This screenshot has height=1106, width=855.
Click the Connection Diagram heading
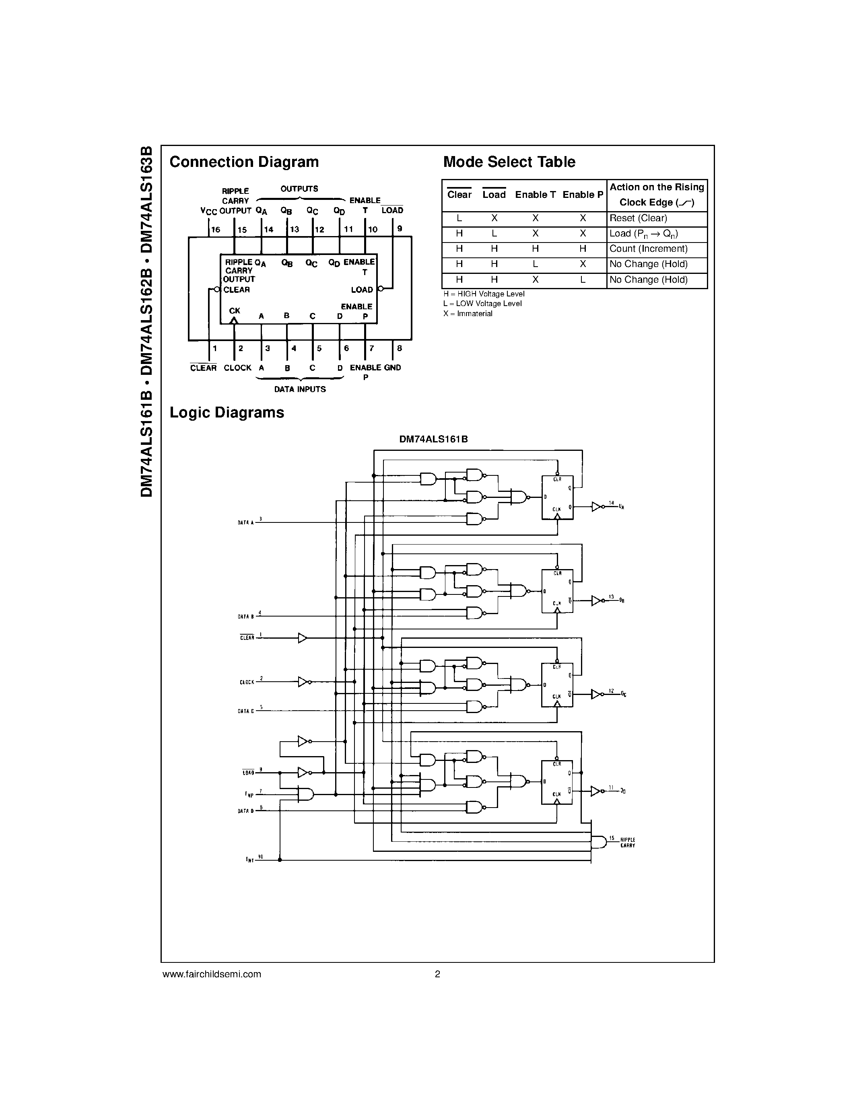[x=244, y=162]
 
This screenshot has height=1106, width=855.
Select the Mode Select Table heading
[x=509, y=162]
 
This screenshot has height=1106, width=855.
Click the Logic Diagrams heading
[x=227, y=413]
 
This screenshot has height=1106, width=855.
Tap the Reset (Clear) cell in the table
[x=638, y=218]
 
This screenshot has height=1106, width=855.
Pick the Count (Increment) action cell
[x=648, y=249]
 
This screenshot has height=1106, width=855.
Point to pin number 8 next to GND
[x=400, y=348]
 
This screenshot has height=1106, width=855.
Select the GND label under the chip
[x=393, y=368]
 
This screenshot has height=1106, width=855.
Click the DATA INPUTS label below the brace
[x=300, y=389]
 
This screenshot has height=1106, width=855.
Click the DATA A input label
[x=246, y=522]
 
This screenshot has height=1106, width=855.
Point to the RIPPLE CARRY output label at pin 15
[x=628, y=843]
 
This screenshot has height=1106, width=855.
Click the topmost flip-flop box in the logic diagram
[x=557, y=497]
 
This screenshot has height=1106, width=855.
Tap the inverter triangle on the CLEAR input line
[x=303, y=638]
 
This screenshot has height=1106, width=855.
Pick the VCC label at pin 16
[x=209, y=211]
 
